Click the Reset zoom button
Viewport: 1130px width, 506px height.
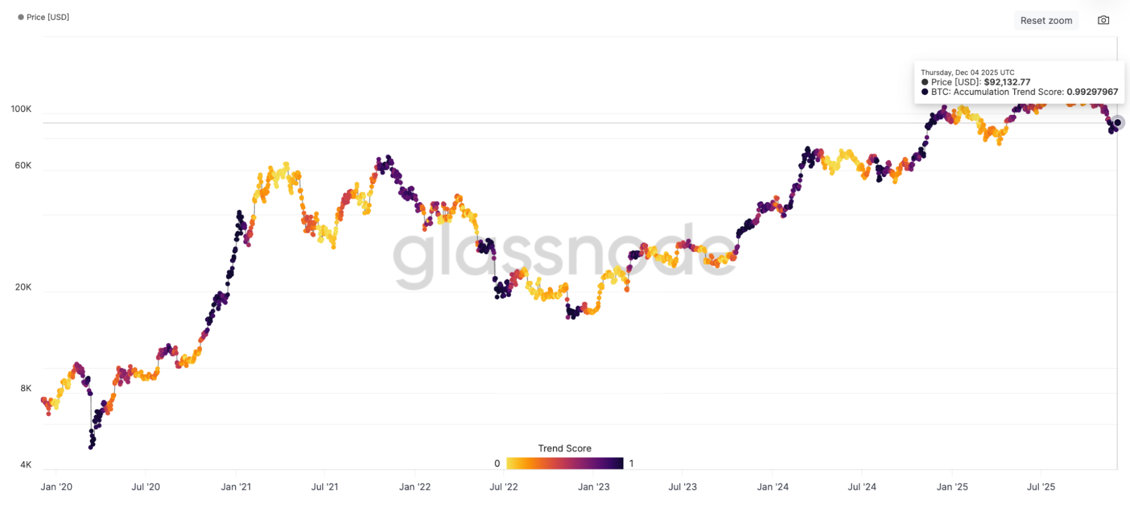pos(1046,20)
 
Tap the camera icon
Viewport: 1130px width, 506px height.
pos(1103,20)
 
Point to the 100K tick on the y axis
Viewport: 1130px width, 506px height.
pos(21,109)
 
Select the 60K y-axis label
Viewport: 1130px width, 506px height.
pos(23,165)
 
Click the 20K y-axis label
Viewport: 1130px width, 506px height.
pos(23,287)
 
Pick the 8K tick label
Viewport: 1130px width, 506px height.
pos(26,388)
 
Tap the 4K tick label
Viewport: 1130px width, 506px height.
pos(26,464)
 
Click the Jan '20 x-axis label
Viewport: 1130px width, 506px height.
pos(57,486)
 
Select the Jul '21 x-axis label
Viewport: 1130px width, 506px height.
pos(324,486)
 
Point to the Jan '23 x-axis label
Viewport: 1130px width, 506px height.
pos(594,486)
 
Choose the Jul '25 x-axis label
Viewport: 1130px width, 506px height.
pos(1041,486)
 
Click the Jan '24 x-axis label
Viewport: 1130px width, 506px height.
pos(773,486)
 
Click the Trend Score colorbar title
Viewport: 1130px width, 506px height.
pos(564,448)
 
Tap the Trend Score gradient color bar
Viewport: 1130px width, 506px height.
pos(564,463)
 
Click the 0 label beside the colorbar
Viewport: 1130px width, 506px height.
pos(497,463)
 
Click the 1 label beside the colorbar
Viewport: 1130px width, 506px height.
pos(631,463)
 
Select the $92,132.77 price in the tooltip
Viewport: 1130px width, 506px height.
pos(1007,82)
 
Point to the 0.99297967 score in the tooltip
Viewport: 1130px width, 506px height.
pos(1092,92)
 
